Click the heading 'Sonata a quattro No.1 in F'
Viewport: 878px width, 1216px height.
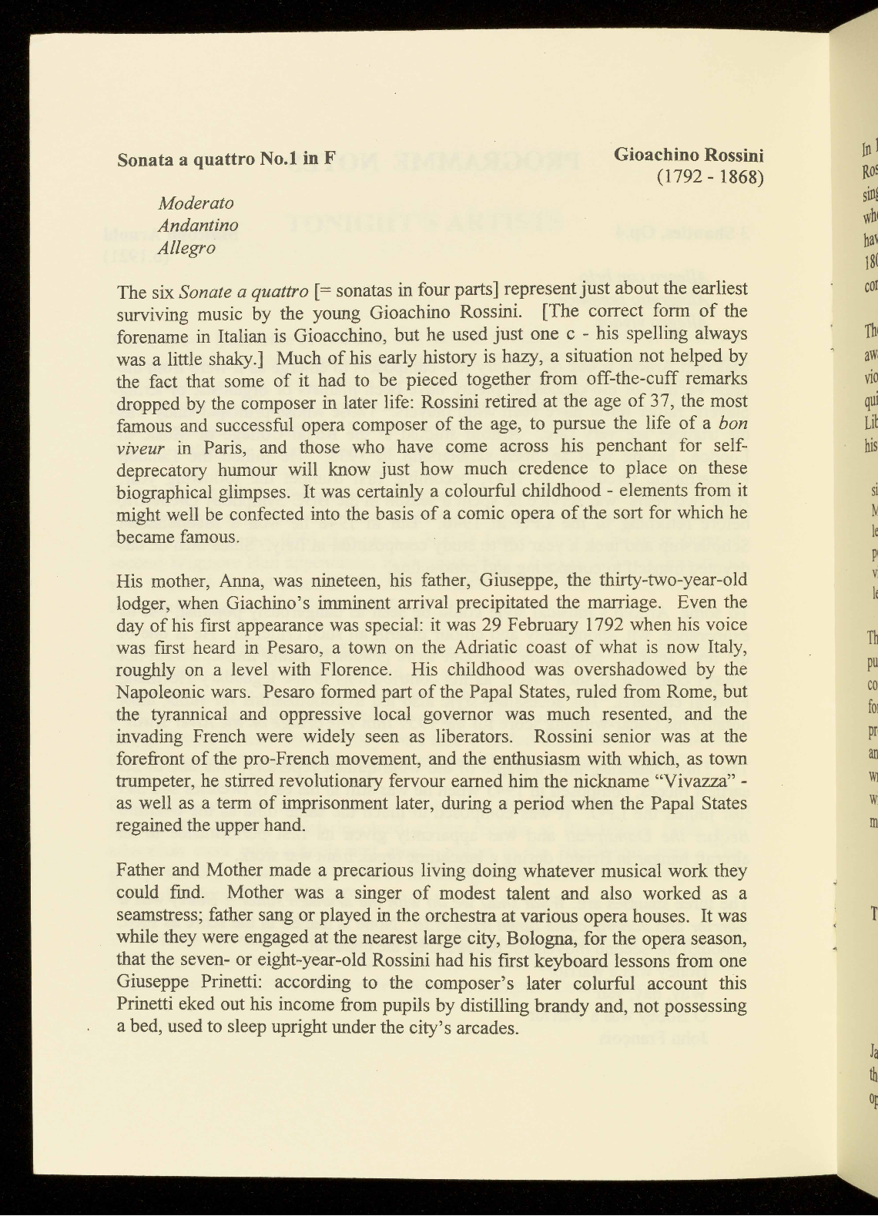[x=226, y=160]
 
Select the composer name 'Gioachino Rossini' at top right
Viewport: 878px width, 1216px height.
[x=689, y=156]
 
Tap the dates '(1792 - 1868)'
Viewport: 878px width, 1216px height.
[x=709, y=179]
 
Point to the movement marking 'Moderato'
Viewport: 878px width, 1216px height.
[x=196, y=203]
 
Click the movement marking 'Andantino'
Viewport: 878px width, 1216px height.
[x=198, y=226]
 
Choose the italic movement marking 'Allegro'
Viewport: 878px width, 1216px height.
[x=186, y=248]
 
